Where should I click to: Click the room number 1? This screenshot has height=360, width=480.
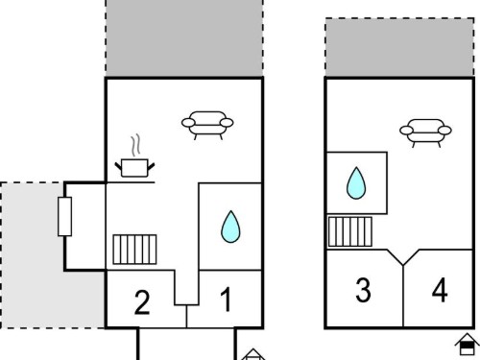tap(227, 299)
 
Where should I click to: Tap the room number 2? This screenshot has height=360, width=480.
tap(142, 302)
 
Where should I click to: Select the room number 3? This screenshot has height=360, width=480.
tap(363, 290)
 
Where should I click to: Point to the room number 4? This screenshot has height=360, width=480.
tap(440, 290)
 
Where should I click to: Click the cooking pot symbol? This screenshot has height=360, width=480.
tap(134, 168)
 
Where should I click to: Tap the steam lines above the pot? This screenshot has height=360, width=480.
tap(135, 145)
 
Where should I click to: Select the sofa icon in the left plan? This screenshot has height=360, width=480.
tap(207, 125)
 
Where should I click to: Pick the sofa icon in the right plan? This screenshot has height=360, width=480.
tap(425, 132)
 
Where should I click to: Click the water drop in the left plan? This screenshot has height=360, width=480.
tap(230, 227)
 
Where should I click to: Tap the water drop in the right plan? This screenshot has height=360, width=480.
tap(356, 183)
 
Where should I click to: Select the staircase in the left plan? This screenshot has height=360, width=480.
tap(134, 250)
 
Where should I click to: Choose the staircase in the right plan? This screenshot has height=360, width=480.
tap(350, 231)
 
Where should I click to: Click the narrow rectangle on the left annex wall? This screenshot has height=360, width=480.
tap(64, 217)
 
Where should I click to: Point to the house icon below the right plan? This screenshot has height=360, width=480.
tap(468, 345)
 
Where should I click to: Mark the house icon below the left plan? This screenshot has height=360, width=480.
tap(253, 354)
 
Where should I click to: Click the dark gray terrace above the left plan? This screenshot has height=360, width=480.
tap(184, 38)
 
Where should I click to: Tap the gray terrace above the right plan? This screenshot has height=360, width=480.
tap(399, 47)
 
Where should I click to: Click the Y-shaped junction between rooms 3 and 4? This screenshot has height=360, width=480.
tap(403, 265)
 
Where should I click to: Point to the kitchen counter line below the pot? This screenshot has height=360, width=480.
tap(131, 182)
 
